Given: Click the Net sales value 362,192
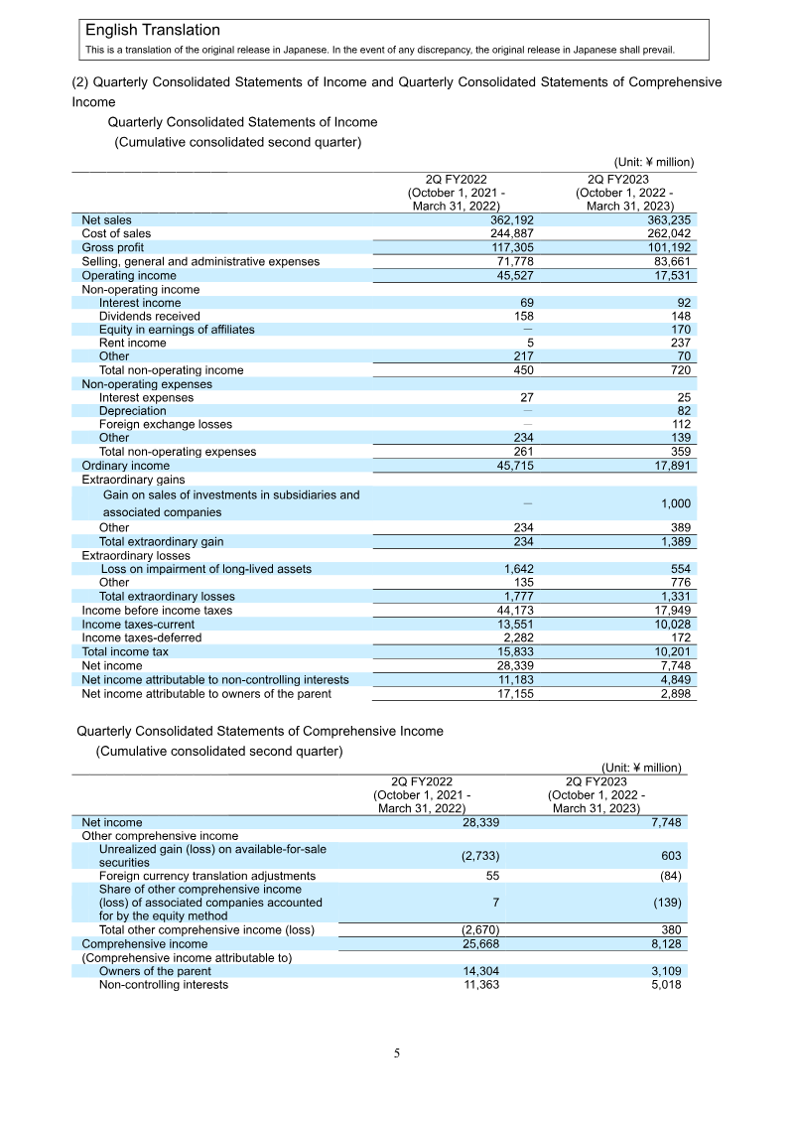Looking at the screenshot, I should [x=512, y=220].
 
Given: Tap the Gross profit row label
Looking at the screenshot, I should [x=112, y=247].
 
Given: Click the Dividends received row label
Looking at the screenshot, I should [x=149, y=316].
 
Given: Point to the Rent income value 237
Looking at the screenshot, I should [x=679, y=343].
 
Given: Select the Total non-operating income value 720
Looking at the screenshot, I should [x=679, y=370].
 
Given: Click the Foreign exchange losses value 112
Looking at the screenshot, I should [x=680, y=424].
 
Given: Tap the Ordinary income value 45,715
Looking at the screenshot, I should [x=512, y=465].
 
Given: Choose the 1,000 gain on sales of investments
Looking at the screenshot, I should [x=675, y=504].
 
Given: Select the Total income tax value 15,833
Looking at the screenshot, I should [x=512, y=651].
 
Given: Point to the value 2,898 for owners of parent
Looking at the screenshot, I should [x=673, y=692].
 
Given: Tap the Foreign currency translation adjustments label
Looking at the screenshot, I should [x=206, y=876].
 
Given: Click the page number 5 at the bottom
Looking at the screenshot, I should [x=397, y=1053].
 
